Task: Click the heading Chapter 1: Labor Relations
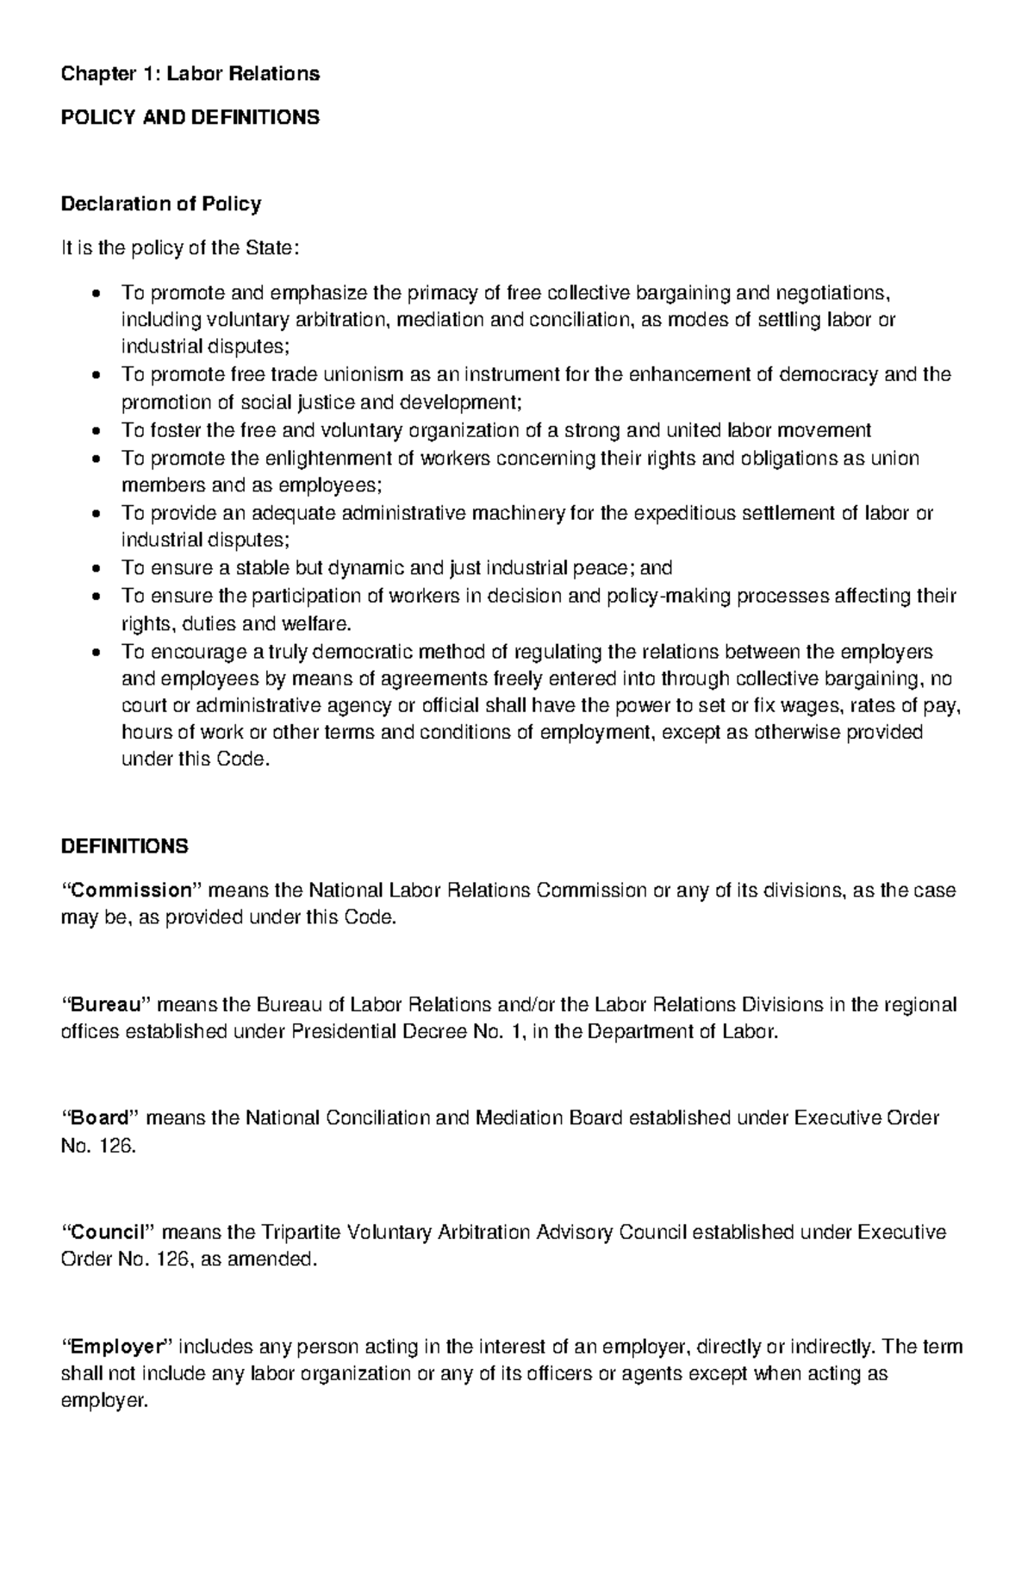[x=190, y=74]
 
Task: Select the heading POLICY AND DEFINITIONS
[x=190, y=117]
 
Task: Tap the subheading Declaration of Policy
[x=160, y=204]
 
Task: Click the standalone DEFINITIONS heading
[x=124, y=846]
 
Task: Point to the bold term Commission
[x=129, y=890]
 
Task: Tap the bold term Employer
[x=116, y=1346]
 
